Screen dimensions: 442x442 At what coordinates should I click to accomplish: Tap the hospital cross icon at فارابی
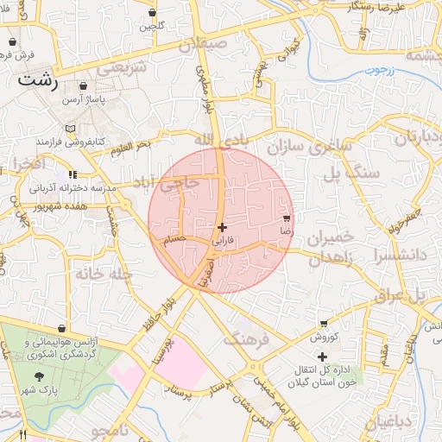[223, 227]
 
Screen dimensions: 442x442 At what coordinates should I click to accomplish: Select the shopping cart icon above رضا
[287, 219]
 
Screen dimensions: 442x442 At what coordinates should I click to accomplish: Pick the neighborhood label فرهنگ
[247, 338]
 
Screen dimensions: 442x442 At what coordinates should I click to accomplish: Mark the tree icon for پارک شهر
[39, 376]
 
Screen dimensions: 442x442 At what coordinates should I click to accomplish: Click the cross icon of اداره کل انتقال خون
[322, 356]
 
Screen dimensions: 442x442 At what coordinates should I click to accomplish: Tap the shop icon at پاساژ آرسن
[83, 86]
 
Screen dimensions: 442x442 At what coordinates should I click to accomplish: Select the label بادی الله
[214, 138]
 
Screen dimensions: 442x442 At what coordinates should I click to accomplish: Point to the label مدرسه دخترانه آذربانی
[67, 186]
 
